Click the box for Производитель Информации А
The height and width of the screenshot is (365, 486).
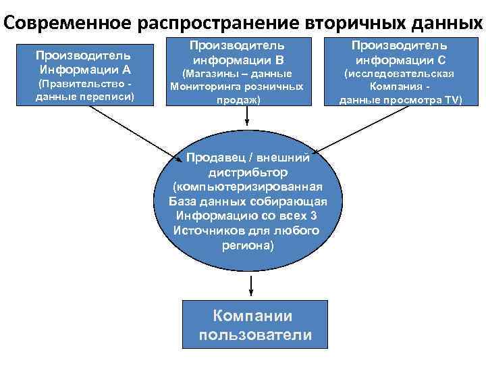(x=85, y=75)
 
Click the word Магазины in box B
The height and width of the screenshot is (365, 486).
(x=207, y=73)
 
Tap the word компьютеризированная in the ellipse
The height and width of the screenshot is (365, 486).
(x=248, y=187)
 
